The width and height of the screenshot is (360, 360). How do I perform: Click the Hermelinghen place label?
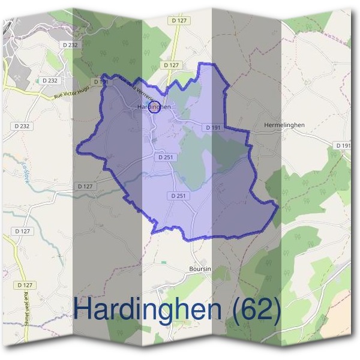tap(284, 125)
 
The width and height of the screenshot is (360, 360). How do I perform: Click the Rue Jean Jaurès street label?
tap(27, 308)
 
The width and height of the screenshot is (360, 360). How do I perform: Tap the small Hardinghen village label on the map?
tap(154, 107)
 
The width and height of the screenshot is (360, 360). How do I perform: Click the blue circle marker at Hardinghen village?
tap(153, 109)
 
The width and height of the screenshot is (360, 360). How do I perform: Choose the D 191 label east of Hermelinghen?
tap(343, 146)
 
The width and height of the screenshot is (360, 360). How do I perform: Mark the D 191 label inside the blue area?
tap(213, 128)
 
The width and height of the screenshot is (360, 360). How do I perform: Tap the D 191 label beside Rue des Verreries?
tap(100, 82)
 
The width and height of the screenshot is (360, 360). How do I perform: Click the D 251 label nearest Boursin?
tap(178, 196)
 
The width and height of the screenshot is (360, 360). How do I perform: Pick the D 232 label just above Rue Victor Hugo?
tap(50, 80)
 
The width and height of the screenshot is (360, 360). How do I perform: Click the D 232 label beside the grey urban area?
tap(70, 45)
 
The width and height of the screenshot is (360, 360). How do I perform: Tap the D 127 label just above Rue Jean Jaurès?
tap(25, 284)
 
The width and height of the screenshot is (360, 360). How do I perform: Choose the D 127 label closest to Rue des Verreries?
tap(171, 65)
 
